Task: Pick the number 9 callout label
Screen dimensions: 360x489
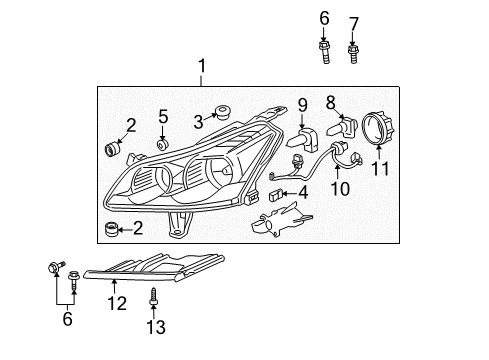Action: pos(299,103)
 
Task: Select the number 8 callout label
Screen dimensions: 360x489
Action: pos(330,100)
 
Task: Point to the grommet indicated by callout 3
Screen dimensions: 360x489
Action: pos(222,112)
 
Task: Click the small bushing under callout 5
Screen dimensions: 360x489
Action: pos(162,146)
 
